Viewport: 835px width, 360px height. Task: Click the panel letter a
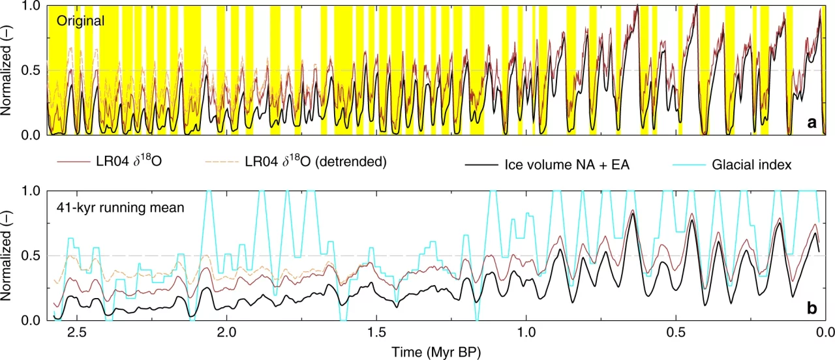point(812,122)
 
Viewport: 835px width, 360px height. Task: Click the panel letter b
point(812,308)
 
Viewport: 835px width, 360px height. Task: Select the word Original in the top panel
point(80,21)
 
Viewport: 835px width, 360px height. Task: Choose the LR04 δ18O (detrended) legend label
point(316,162)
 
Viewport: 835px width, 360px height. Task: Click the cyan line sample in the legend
point(706,165)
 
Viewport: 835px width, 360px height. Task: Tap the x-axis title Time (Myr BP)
point(436,352)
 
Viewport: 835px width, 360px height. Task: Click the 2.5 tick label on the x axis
point(77,332)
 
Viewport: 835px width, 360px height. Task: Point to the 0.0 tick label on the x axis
point(826,332)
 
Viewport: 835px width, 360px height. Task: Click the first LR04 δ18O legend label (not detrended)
point(134,162)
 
